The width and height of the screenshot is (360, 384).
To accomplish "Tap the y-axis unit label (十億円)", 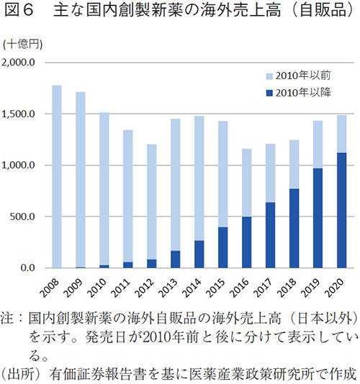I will pos(22,45).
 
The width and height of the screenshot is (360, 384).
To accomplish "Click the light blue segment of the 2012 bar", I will pos(150,201).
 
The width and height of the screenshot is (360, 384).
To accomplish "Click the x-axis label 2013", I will pos(173,285).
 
